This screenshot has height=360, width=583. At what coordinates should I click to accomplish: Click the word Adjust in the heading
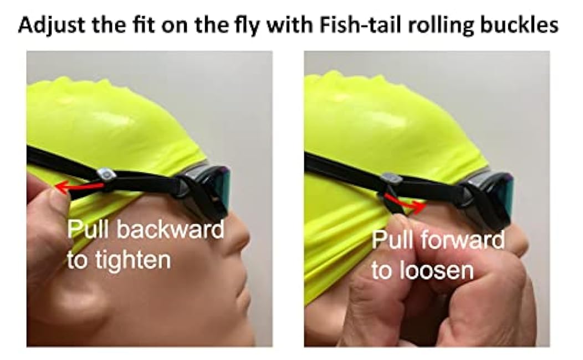click(52, 25)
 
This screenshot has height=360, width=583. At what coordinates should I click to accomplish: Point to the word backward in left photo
click(171, 229)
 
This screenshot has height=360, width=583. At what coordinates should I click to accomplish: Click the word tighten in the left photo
click(133, 260)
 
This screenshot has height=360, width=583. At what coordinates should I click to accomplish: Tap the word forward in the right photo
click(463, 240)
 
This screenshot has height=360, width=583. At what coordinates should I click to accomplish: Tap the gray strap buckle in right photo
click(391, 179)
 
